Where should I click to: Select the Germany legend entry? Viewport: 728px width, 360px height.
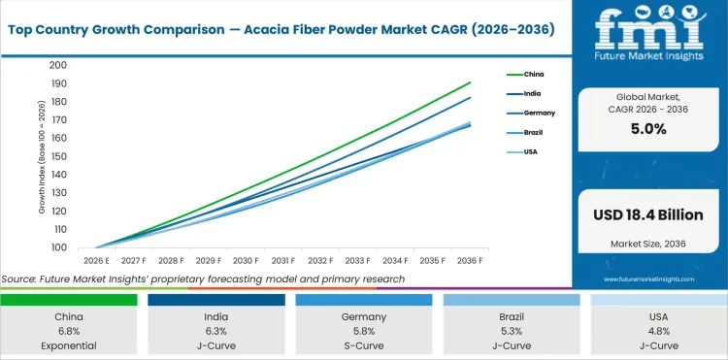(x=538, y=113)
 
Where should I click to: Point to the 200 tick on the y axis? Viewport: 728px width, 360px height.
(x=59, y=65)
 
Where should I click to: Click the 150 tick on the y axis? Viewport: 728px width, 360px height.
(x=59, y=156)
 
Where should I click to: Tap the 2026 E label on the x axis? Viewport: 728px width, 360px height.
(x=97, y=261)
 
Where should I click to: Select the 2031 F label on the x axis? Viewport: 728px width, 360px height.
(x=283, y=261)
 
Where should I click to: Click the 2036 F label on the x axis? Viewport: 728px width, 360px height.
(x=470, y=261)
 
